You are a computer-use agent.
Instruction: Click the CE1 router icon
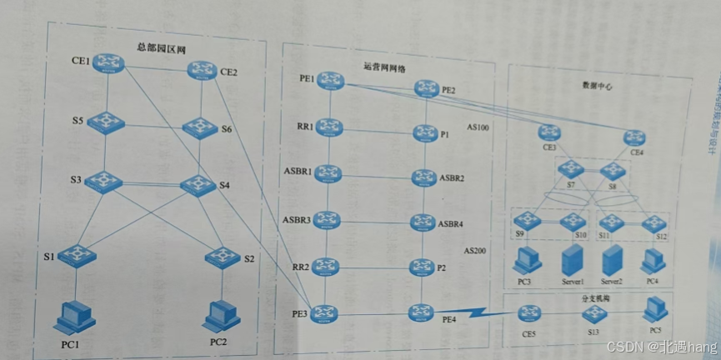(107, 63)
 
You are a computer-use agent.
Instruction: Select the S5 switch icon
(108, 121)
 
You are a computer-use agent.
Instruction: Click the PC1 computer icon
(74, 317)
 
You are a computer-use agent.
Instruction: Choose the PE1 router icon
(331, 81)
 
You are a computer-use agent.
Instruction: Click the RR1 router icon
(331, 127)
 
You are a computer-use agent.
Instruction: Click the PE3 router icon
(330, 313)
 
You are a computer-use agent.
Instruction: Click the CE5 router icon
(528, 314)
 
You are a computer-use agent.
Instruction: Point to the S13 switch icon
(593, 314)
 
